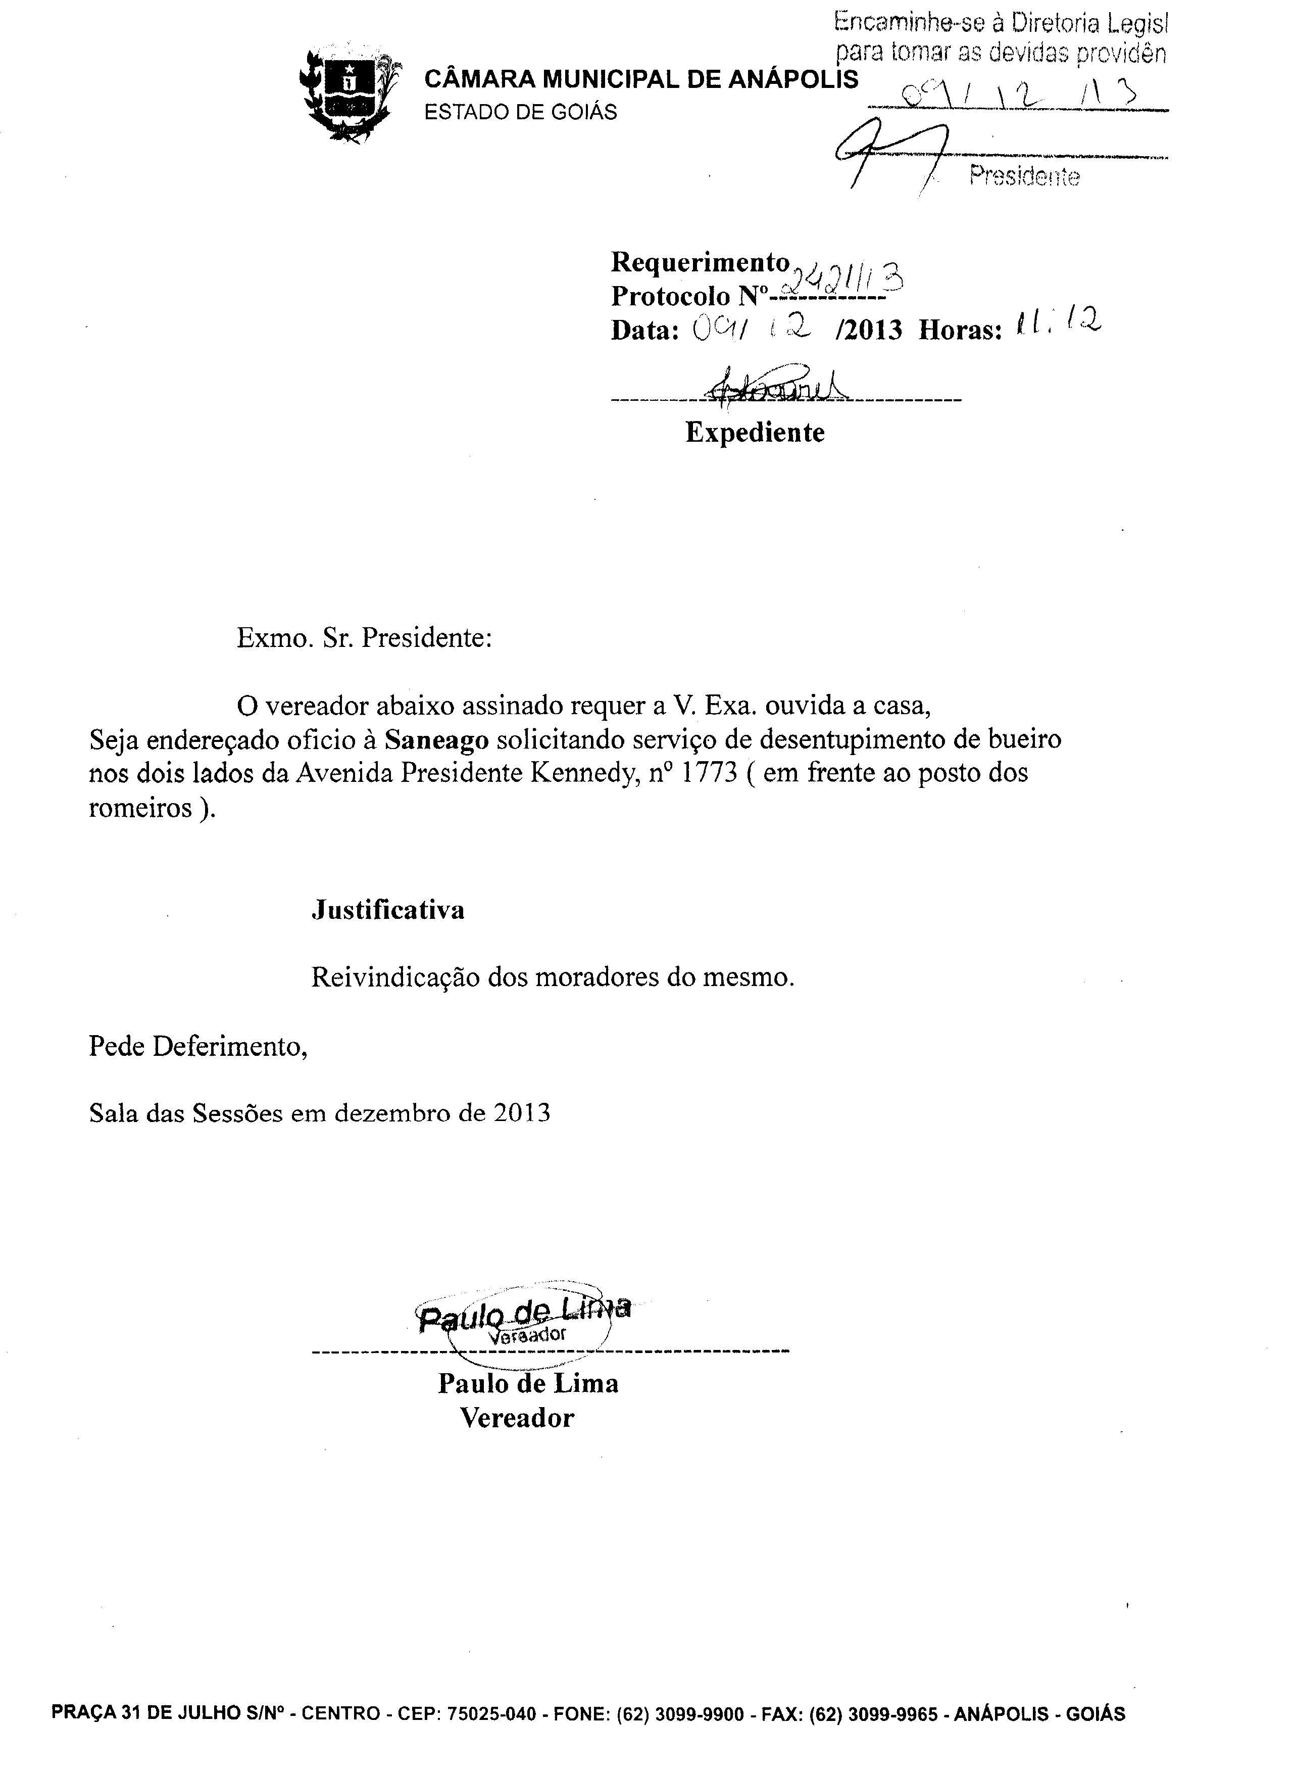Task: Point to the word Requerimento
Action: click(699, 261)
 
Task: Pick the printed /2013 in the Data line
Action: click(868, 331)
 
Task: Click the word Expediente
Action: click(755, 432)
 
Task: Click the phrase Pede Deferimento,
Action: click(198, 1046)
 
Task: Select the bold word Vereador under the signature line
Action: click(517, 1418)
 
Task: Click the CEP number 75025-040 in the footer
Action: click(491, 1714)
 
